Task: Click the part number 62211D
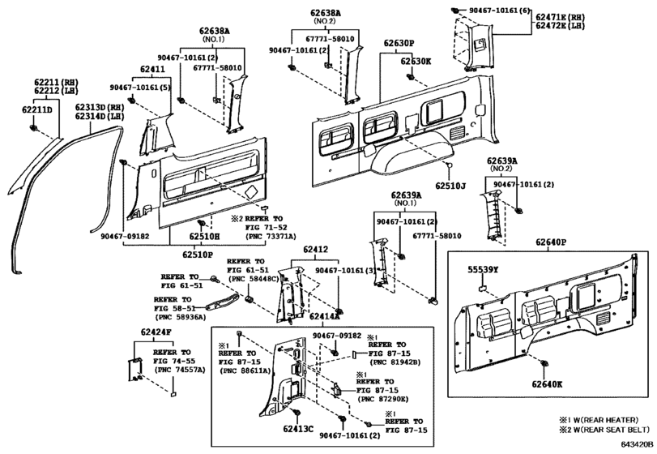37,109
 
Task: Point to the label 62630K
416,61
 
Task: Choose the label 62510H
205,237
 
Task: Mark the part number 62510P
198,254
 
